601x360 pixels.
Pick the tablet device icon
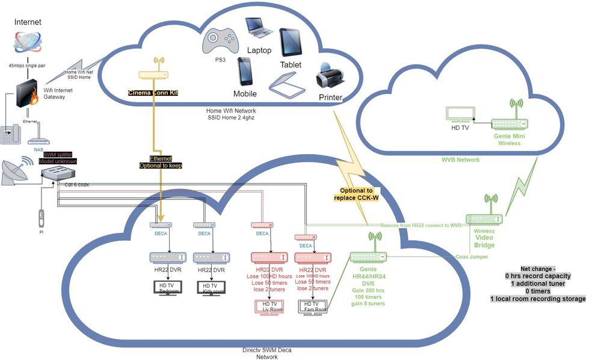(291, 43)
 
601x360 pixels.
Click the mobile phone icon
(245, 72)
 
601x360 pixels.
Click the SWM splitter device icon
(59, 173)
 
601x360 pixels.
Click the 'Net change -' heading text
(538, 268)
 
